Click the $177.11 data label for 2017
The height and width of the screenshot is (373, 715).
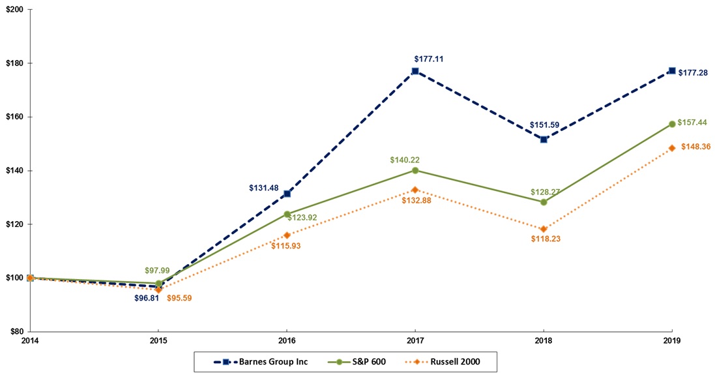[x=428, y=59]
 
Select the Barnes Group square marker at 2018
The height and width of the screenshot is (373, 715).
[x=544, y=140]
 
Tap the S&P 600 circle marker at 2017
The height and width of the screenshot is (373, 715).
[x=415, y=170]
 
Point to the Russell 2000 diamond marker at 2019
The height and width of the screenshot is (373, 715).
[x=672, y=148]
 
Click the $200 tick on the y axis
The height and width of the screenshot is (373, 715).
[x=15, y=10]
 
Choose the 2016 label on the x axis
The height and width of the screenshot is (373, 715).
[x=286, y=340]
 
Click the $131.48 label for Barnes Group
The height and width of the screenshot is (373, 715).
[x=263, y=188]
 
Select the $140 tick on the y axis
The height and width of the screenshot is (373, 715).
[x=15, y=171]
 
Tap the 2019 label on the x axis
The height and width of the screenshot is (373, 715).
[x=672, y=340]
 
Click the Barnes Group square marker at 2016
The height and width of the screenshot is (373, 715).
[x=287, y=194]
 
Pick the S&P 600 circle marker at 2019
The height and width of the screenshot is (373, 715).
[x=672, y=124]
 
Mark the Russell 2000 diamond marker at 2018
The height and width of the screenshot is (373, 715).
[x=544, y=229]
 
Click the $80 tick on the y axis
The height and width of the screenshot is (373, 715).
[x=17, y=331]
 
